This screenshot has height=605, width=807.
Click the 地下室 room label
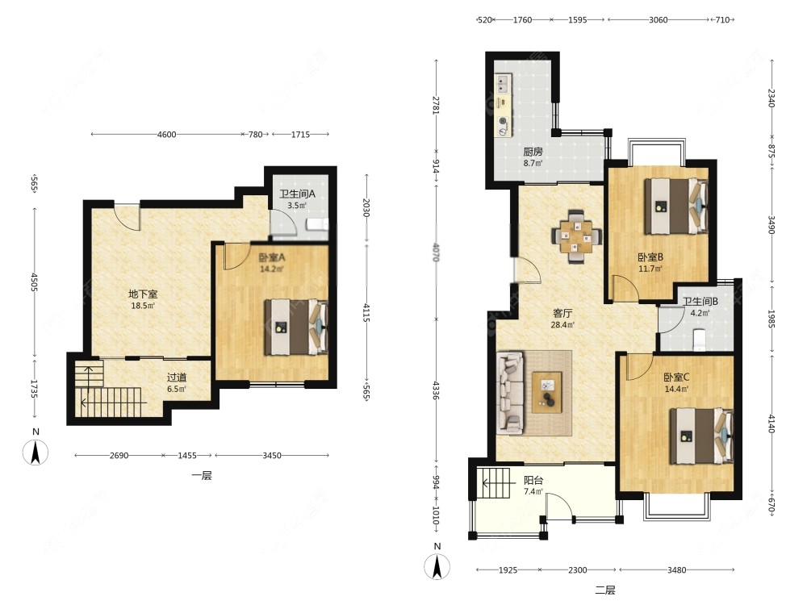tap(143, 294)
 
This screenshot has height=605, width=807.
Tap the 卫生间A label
tap(297, 194)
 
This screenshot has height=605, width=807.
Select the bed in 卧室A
tap(296, 328)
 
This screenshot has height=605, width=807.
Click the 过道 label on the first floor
tap(177, 378)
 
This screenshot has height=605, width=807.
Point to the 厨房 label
tap(533, 152)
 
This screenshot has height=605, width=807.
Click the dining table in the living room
tap(576, 236)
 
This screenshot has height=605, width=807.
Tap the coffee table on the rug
tap(546, 393)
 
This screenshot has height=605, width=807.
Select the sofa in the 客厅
tap(510, 391)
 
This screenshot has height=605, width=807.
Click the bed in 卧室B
tap(676, 207)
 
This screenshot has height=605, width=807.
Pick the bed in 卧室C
tap(701, 436)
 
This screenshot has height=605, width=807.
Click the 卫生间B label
tap(700, 302)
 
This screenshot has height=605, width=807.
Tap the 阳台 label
tap(533, 481)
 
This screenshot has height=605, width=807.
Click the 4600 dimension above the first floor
tap(166, 134)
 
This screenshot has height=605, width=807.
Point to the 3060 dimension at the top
tap(658, 19)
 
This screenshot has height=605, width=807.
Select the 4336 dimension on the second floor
tap(437, 390)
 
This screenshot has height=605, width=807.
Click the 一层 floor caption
tap(202, 475)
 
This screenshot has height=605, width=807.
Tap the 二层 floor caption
tap(605, 590)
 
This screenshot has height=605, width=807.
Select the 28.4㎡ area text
tap(562, 324)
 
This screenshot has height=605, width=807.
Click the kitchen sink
tap(503, 83)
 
